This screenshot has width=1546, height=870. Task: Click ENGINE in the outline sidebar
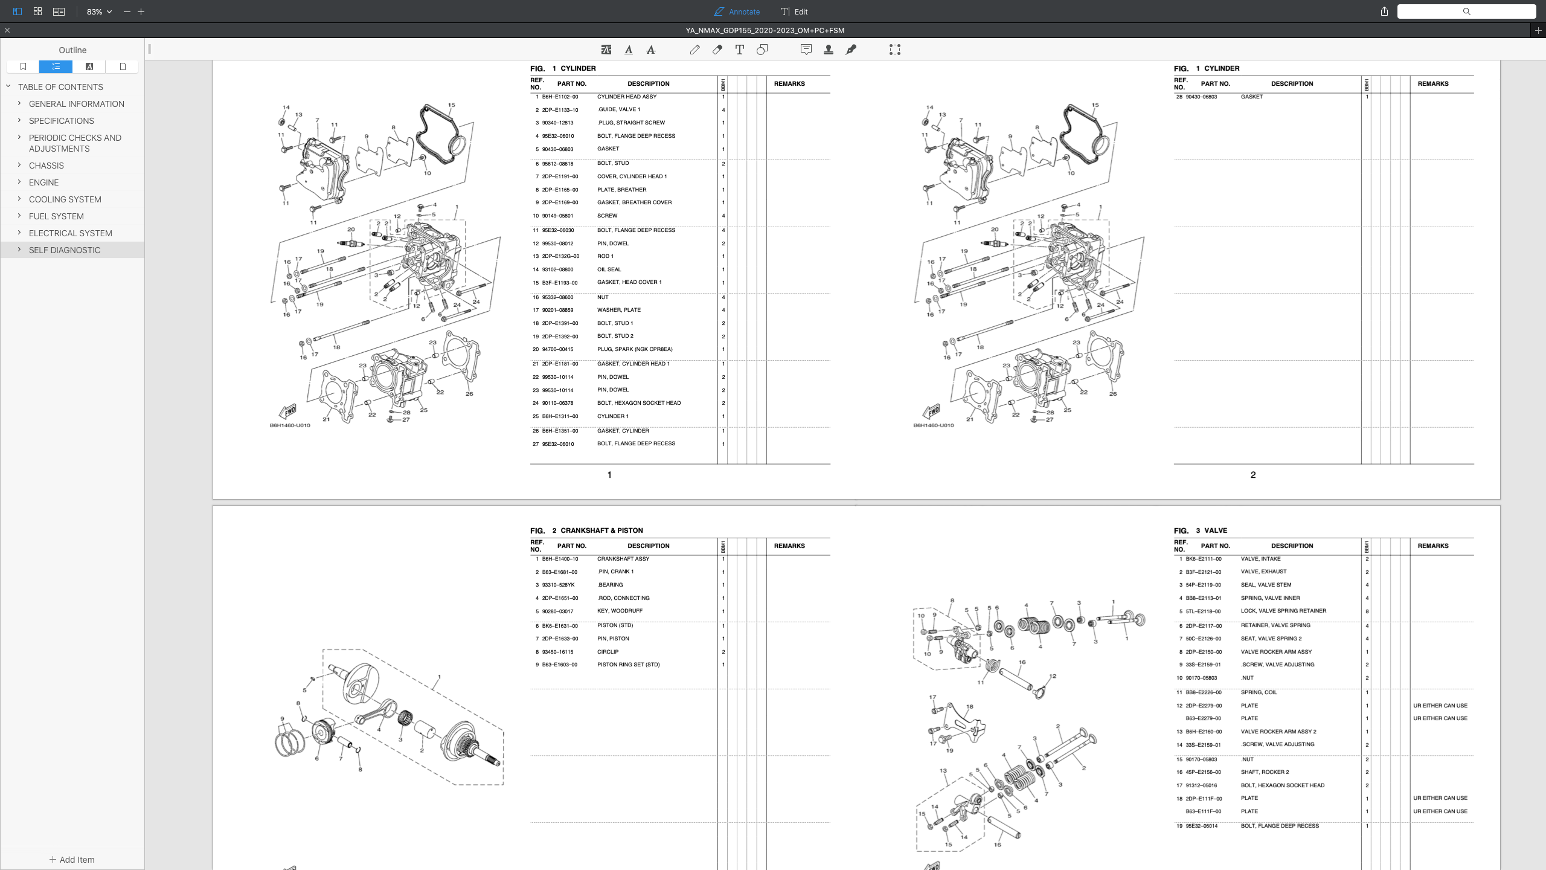click(x=43, y=182)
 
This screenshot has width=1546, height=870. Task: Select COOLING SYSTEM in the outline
click(x=65, y=199)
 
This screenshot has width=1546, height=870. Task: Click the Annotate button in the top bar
click(x=737, y=11)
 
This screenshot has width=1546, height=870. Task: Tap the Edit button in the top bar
click(x=794, y=11)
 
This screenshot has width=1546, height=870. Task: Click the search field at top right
click(x=1466, y=11)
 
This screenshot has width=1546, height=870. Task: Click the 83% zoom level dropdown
click(x=99, y=11)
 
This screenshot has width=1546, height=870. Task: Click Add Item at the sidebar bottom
click(x=72, y=860)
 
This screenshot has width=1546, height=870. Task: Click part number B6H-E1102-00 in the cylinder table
click(x=560, y=97)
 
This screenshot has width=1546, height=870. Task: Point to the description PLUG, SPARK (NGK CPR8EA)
click(x=634, y=349)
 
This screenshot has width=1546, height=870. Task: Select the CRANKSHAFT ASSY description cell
click(x=623, y=559)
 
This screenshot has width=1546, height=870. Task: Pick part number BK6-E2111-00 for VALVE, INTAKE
click(x=1203, y=559)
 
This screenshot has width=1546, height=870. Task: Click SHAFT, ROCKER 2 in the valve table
click(x=1265, y=772)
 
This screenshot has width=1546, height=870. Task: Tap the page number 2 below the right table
click(x=1253, y=475)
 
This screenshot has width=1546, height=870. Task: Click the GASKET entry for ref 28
click(x=1251, y=97)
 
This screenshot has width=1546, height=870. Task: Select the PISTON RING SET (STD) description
click(x=628, y=665)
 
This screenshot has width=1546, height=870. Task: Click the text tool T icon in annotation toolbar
click(x=739, y=50)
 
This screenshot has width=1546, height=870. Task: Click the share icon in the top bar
click(x=1384, y=11)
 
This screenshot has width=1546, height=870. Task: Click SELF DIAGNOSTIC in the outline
click(x=65, y=250)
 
